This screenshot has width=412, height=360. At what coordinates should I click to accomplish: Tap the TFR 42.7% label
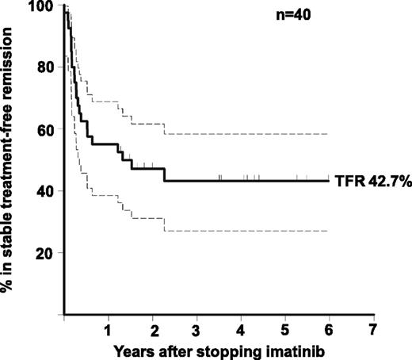371,182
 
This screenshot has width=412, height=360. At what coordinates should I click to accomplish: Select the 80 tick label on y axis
45,68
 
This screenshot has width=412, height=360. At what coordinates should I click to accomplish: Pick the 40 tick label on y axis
45,191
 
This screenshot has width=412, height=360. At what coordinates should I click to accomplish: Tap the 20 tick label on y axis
45,253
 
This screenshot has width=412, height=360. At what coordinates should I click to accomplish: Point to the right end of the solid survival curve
328,181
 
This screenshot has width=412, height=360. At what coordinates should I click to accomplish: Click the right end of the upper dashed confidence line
328,135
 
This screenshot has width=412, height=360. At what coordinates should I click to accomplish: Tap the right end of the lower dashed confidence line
328,231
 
